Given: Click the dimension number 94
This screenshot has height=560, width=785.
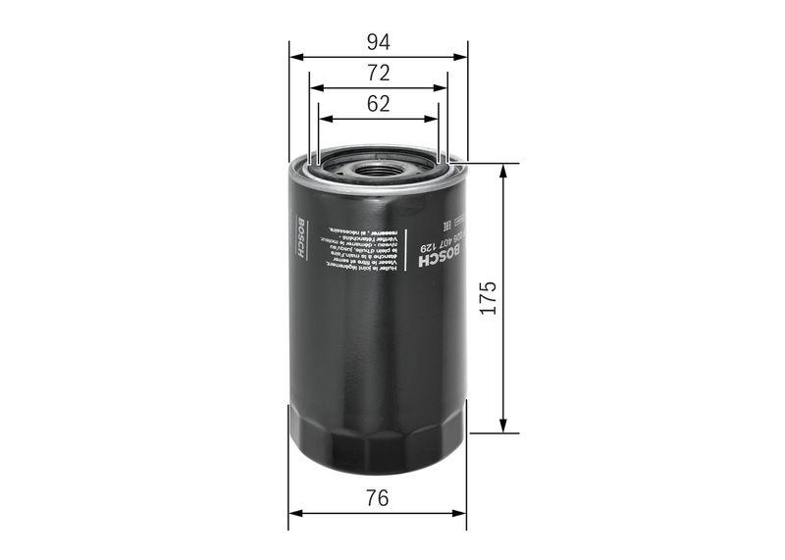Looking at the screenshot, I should coord(379,41).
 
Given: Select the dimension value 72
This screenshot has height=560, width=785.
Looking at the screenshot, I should coord(379,73).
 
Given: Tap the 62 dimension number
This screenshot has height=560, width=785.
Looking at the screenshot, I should coord(379,104).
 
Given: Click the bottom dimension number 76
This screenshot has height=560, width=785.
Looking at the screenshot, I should coord(379,498).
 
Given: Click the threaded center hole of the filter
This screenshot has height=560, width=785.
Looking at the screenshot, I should coord(379,169).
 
